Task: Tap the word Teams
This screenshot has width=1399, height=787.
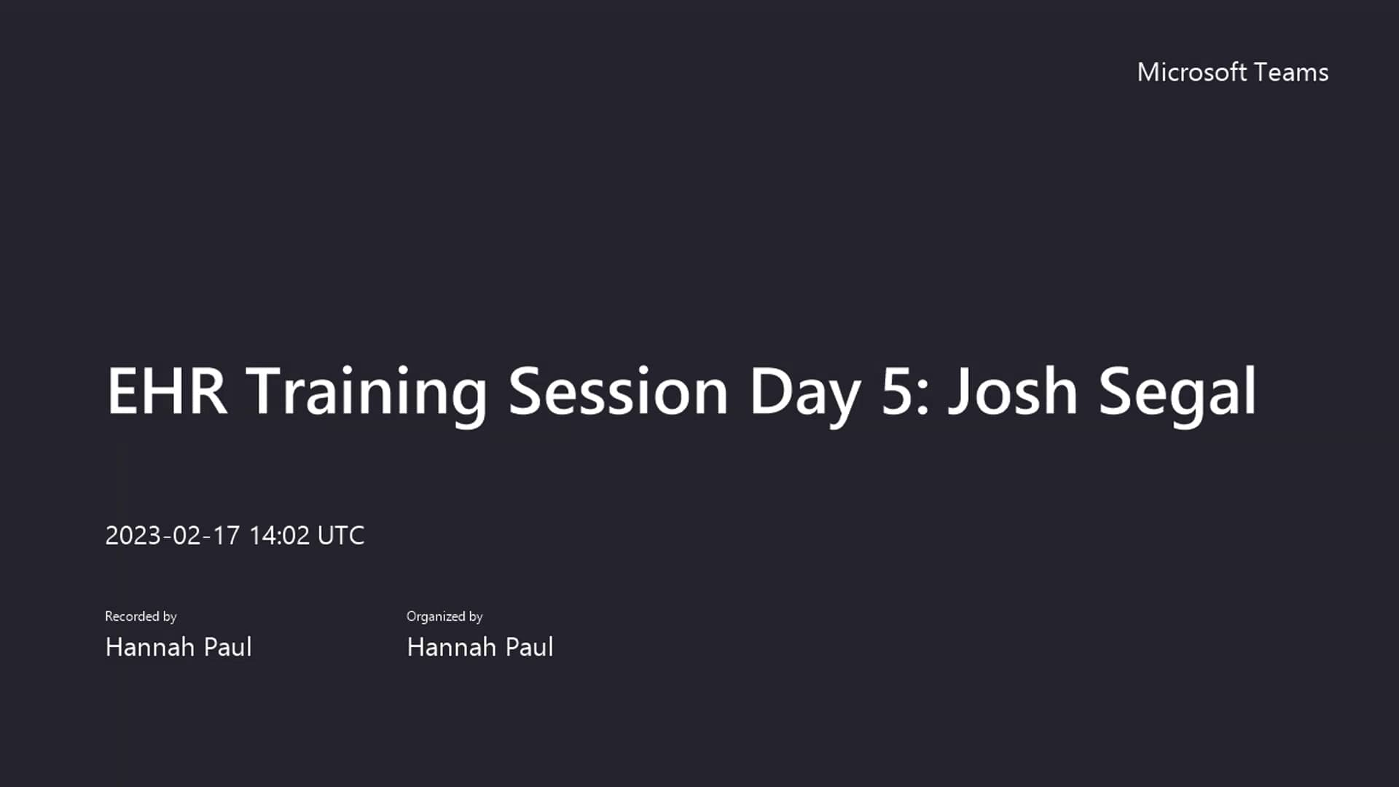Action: [1292, 72]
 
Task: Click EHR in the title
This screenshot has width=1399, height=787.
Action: [167, 391]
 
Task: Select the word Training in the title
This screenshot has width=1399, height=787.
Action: [367, 391]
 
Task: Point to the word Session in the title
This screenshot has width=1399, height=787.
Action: [618, 391]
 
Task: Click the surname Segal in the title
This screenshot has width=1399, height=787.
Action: [1177, 391]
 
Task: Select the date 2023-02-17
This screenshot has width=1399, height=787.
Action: [172, 536]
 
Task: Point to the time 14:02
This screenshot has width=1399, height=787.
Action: [279, 536]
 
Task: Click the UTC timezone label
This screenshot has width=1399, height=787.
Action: [341, 536]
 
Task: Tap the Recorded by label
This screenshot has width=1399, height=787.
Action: [141, 616]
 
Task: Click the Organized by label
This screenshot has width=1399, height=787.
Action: [444, 616]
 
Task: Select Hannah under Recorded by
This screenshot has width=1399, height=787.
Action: [149, 647]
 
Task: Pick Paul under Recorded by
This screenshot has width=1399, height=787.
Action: [228, 647]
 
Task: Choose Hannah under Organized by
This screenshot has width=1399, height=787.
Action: [451, 647]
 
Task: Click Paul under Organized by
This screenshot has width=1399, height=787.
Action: [530, 647]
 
